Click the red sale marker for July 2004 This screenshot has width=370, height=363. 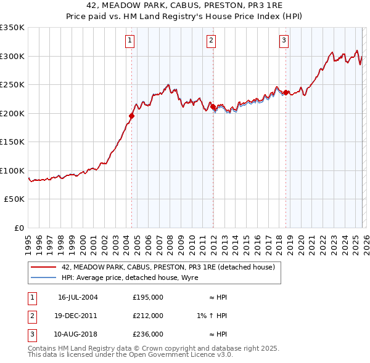[x=131, y=116]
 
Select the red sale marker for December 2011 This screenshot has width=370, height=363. [x=213, y=106]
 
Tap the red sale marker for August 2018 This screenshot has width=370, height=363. [x=286, y=92]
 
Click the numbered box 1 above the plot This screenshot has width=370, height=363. [x=131, y=41]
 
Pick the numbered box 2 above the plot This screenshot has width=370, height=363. [x=211, y=41]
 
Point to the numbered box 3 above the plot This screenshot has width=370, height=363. [x=284, y=41]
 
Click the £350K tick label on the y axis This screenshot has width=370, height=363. [x=12, y=28]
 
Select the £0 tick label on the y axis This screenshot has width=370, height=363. [x=18, y=228]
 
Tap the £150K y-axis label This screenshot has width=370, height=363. [x=12, y=142]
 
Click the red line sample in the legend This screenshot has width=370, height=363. [x=44, y=267]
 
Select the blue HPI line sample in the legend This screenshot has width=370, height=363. [x=44, y=277]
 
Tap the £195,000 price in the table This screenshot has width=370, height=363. [x=148, y=297]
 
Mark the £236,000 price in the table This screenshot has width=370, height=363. [x=148, y=334]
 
